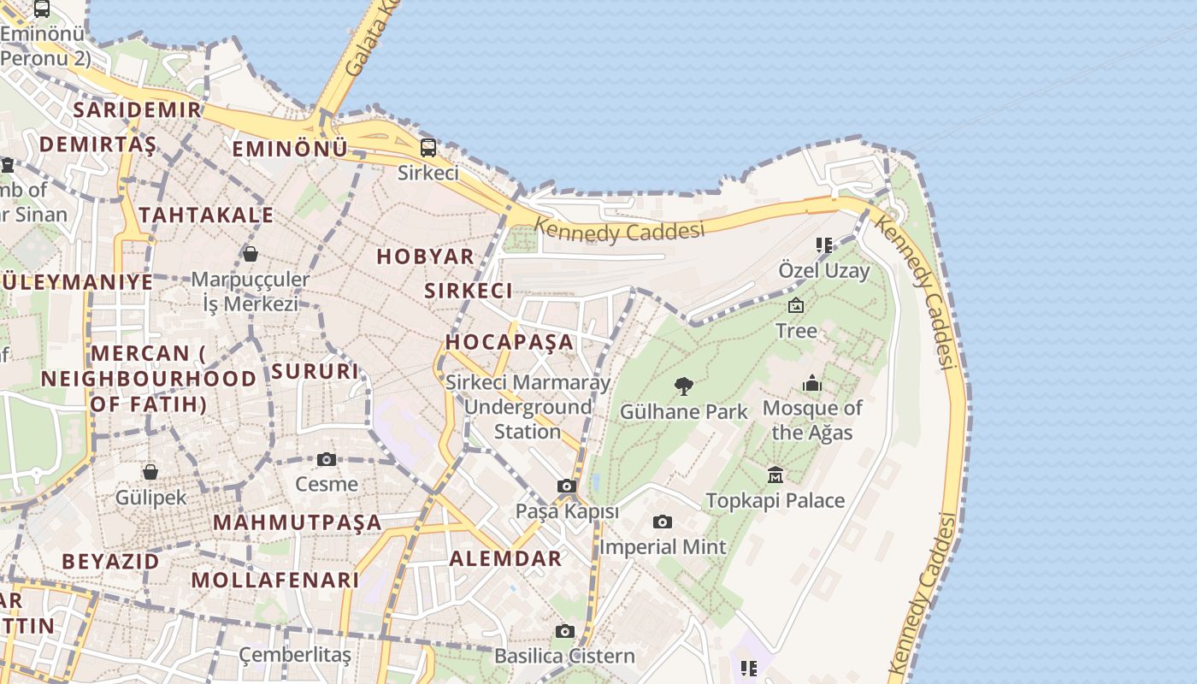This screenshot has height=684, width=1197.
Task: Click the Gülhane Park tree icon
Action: [x=683, y=386]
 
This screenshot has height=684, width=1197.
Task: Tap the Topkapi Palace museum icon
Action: [x=775, y=475]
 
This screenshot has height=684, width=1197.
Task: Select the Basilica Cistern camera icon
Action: [x=564, y=631]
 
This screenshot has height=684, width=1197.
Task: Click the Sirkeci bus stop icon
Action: [x=427, y=147]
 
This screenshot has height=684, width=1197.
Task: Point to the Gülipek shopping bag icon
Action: [x=150, y=471]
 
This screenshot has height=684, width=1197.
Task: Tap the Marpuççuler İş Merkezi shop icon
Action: [x=251, y=254]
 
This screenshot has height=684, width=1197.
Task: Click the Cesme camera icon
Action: [x=326, y=459]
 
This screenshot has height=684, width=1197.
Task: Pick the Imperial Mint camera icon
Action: [x=662, y=522]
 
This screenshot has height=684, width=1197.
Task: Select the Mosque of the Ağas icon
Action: [x=812, y=383]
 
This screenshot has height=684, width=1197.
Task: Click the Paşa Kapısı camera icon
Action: [x=566, y=486]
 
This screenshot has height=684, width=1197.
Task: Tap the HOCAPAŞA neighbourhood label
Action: [x=510, y=342]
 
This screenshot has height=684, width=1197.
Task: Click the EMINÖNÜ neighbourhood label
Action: [x=290, y=149]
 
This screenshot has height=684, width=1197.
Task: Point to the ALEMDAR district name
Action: [x=506, y=558]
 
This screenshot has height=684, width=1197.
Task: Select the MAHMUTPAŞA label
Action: [x=298, y=522]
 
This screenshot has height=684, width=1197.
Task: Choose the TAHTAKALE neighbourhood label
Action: [x=206, y=215]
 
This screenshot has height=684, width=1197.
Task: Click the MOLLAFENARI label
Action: [x=275, y=580]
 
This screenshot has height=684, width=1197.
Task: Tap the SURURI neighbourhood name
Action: [x=315, y=371]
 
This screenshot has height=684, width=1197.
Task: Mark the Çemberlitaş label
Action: [x=295, y=655]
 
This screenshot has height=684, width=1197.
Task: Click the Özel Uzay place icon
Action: [x=823, y=245]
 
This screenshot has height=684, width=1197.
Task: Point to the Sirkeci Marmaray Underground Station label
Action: [x=528, y=407]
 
